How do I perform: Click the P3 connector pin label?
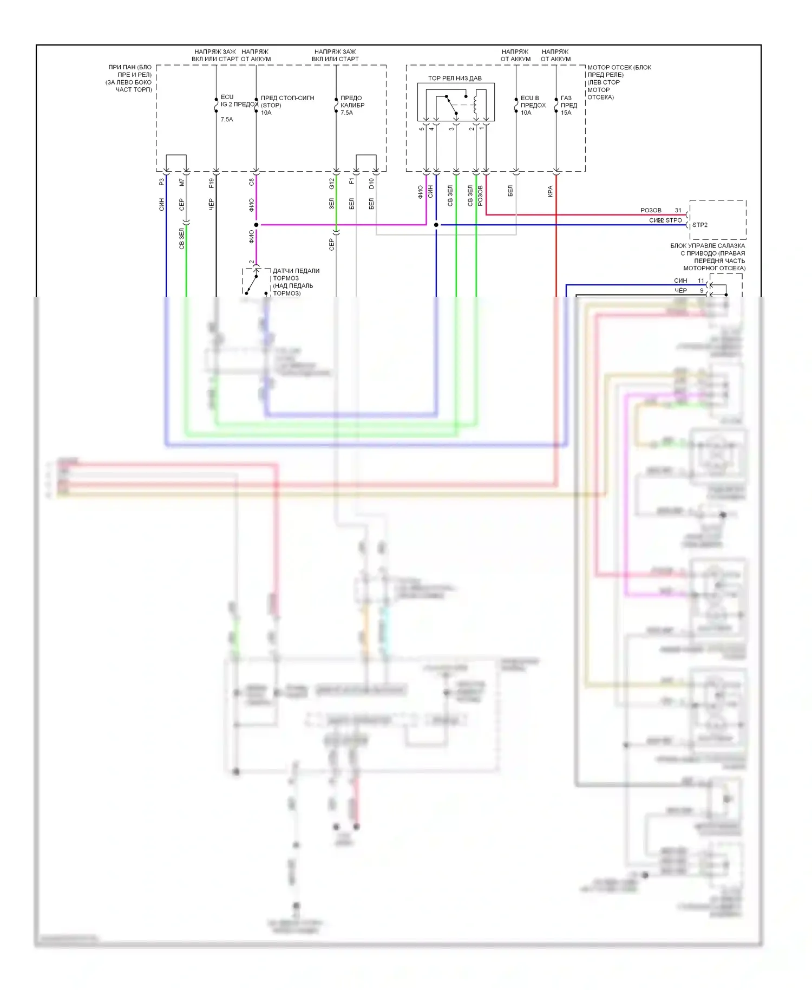click(161, 183)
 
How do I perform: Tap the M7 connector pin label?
click(181, 183)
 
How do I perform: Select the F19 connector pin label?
click(211, 183)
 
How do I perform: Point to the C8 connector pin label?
click(251, 183)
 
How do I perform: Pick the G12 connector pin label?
click(331, 184)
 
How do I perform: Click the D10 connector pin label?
click(371, 184)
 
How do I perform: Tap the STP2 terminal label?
click(699, 225)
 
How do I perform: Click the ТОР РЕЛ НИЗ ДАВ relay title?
click(455, 78)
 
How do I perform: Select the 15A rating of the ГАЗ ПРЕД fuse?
click(566, 113)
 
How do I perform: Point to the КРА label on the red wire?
click(550, 191)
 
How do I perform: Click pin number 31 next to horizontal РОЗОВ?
click(678, 210)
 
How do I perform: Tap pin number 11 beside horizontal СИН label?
click(700, 281)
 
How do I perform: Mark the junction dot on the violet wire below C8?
click(256, 225)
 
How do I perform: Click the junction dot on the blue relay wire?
click(436, 225)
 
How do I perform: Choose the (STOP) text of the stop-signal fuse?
click(271, 105)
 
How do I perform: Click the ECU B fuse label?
click(529, 98)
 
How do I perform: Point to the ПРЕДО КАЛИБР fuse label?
click(352, 101)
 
